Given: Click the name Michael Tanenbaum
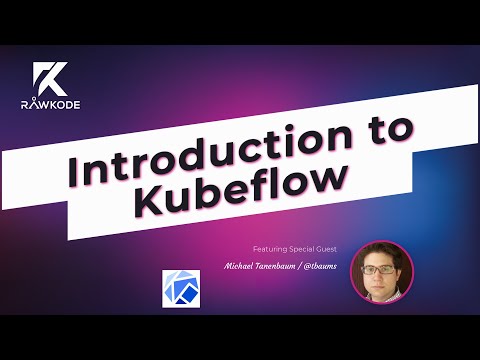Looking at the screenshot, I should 265,268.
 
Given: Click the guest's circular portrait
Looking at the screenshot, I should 381,271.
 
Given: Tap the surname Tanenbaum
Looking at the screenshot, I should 276,268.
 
